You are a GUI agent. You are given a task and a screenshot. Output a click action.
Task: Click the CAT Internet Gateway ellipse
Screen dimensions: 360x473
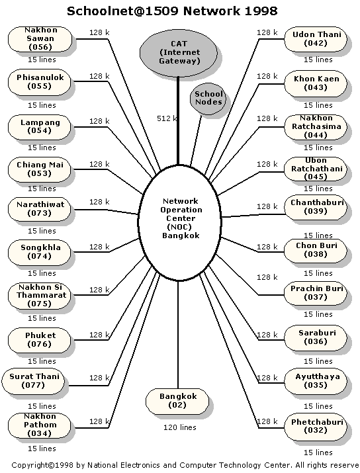pyautogui.click(x=178, y=52)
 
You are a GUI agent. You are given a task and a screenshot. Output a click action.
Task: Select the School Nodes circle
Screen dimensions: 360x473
pyautogui.click(x=208, y=99)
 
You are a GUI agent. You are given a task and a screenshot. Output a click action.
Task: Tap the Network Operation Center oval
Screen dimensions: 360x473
pyautogui.click(x=180, y=223)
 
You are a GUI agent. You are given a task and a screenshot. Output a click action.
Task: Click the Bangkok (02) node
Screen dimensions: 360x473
pyautogui.click(x=177, y=401)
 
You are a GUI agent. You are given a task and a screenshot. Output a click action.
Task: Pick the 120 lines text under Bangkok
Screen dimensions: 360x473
pyautogui.click(x=180, y=427)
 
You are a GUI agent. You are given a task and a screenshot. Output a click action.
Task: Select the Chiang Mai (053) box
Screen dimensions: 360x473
pyautogui.click(x=39, y=169)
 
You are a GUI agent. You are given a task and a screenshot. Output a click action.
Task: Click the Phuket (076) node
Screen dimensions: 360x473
pyautogui.click(x=39, y=340)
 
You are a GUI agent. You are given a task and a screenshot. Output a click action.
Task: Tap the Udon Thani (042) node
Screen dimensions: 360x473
pyautogui.click(x=316, y=39)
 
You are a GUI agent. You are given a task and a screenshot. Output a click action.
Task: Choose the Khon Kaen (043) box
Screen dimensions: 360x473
pyautogui.click(x=316, y=83)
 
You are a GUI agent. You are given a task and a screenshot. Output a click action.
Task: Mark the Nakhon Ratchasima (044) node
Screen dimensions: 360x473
pyautogui.click(x=316, y=127)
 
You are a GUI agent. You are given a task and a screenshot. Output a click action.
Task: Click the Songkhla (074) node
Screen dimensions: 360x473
pyautogui.click(x=39, y=252)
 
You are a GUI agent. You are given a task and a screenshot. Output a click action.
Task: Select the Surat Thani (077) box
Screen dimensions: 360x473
pyautogui.click(x=33, y=381)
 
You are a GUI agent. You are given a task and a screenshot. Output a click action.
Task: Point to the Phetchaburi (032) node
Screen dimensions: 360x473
pyautogui.click(x=316, y=427)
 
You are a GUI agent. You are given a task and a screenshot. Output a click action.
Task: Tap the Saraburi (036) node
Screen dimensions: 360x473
pyautogui.click(x=316, y=337)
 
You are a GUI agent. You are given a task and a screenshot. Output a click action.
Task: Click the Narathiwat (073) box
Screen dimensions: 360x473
pyautogui.click(x=39, y=209)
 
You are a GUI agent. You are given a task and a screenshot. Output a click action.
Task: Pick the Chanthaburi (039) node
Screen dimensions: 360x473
pyautogui.click(x=316, y=207)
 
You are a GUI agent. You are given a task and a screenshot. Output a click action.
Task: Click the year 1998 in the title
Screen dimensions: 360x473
pyautogui.click(x=261, y=11)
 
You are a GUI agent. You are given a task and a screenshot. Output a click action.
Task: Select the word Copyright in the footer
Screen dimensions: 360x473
pyautogui.click(x=30, y=465)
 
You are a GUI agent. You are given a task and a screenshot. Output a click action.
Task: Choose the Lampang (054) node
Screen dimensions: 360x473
pyautogui.click(x=39, y=127)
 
